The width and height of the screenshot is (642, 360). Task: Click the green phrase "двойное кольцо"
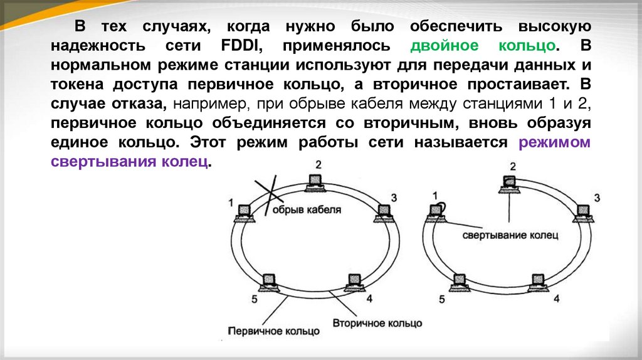(x=483, y=46)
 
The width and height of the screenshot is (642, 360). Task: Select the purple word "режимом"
(x=554, y=142)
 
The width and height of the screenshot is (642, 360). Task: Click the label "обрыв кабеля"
(x=307, y=210)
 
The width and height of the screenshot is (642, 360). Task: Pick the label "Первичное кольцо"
(x=273, y=330)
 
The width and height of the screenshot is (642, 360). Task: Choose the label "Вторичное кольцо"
(x=377, y=324)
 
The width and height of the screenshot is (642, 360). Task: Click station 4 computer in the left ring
(x=353, y=280)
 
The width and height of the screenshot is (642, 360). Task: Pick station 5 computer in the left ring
(x=271, y=280)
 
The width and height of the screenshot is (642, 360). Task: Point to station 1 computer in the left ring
(x=243, y=213)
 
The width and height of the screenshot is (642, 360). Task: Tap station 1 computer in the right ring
(x=436, y=213)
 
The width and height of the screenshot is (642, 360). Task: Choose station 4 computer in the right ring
(x=537, y=280)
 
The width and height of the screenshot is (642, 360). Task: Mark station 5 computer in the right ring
(x=460, y=280)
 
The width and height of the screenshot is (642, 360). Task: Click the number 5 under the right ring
(x=443, y=299)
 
